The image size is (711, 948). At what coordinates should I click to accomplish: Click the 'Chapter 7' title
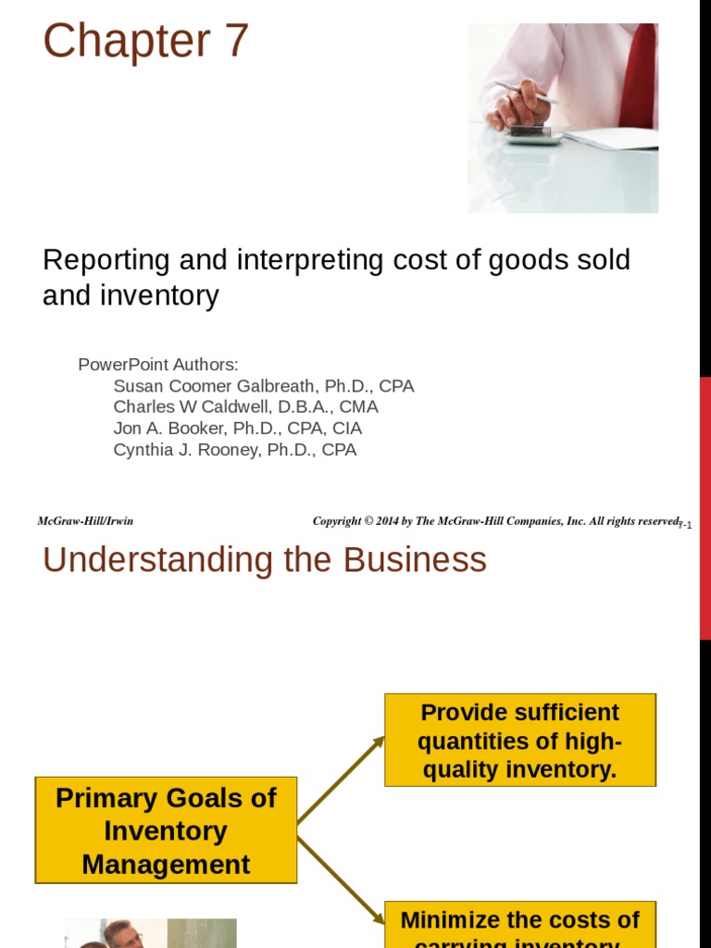146,42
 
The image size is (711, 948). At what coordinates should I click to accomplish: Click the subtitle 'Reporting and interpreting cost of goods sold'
336,260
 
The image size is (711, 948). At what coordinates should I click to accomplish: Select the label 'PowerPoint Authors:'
158,365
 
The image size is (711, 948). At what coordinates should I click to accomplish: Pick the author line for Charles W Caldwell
245,407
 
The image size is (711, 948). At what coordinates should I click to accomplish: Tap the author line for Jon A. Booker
237,429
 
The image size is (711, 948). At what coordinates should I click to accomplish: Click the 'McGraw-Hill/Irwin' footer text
85,521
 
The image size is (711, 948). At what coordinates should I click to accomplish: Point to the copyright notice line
495,521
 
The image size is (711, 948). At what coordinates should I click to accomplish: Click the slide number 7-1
685,525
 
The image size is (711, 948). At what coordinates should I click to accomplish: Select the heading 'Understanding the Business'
265,560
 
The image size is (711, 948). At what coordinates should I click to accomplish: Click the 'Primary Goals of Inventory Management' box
167,830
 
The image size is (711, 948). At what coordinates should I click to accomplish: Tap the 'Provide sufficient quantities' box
519,741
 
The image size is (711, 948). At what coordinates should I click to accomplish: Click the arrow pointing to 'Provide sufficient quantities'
341,780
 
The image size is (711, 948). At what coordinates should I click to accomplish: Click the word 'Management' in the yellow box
167,865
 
